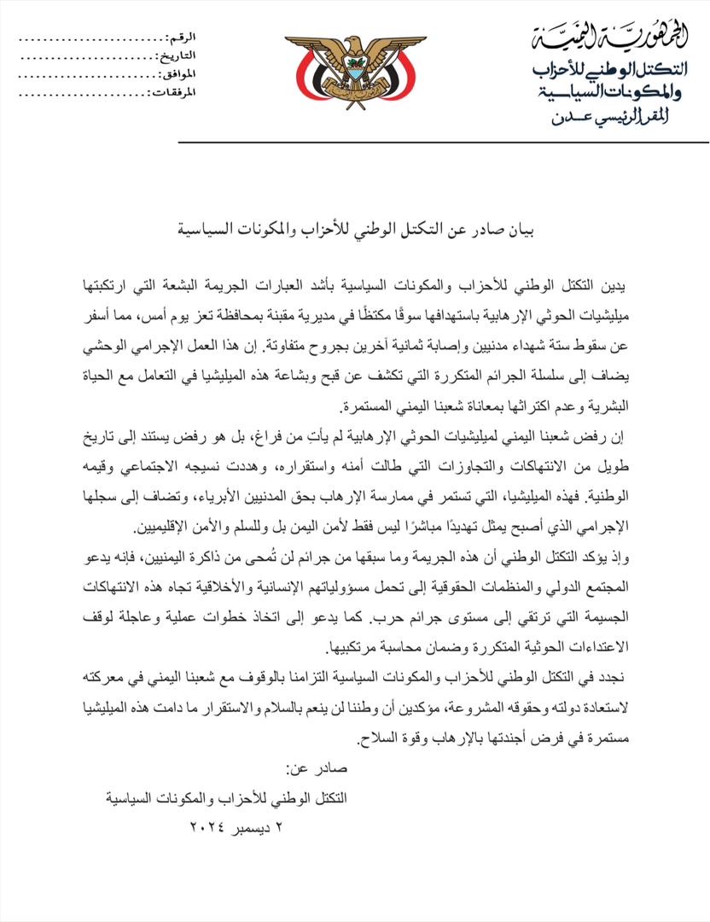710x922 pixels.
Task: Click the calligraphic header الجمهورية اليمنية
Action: click(x=609, y=38)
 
